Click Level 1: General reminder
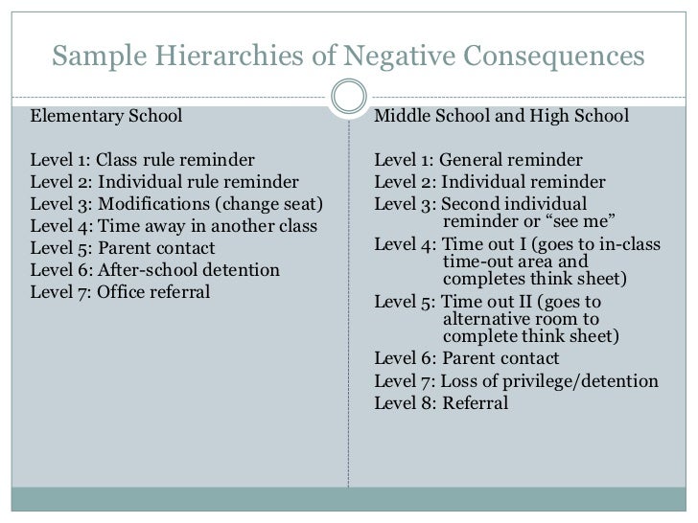pyautogui.click(x=477, y=159)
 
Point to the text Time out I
pyautogui.click(x=488, y=246)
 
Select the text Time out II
pyautogui.click(x=492, y=302)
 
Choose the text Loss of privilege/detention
pyautogui.click(x=551, y=381)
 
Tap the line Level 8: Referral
pyautogui.click(x=441, y=403)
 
